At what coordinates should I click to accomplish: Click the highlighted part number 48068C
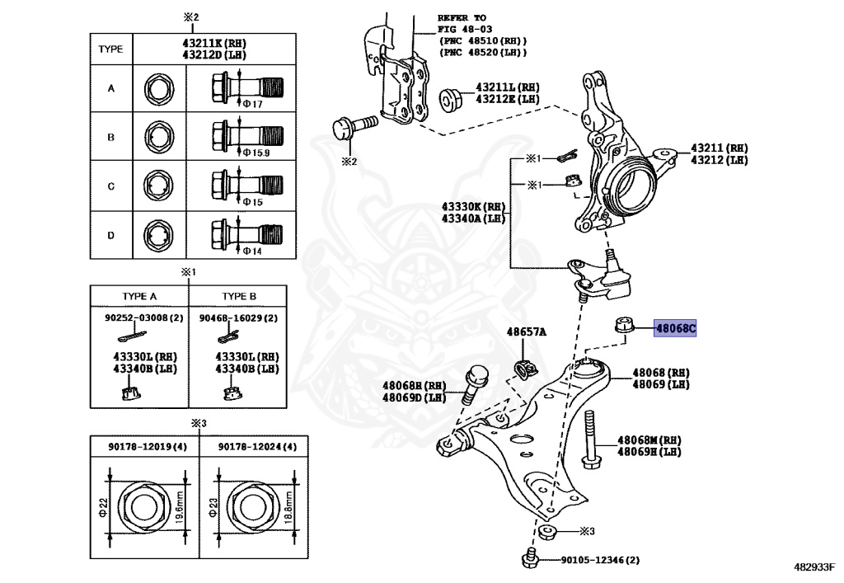pyautogui.click(x=676, y=329)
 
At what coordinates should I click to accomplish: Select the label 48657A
pyautogui.click(x=526, y=331)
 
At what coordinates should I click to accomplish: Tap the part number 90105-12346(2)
pyautogui.click(x=599, y=561)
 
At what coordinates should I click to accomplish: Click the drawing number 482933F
pyautogui.click(x=814, y=567)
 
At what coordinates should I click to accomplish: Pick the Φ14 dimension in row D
pyautogui.click(x=251, y=251)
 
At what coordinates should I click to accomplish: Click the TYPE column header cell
pyautogui.click(x=110, y=49)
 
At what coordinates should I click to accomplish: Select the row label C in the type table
pyautogui.click(x=110, y=186)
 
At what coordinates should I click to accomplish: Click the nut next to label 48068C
pyautogui.click(x=623, y=326)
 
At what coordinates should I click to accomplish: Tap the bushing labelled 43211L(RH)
pyautogui.click(x=452, y=97)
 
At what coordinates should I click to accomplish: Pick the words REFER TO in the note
pyautogui.click(x=462, y=17)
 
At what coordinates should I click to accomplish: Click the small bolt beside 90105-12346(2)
pyautogui.click(x=531, y=559)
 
